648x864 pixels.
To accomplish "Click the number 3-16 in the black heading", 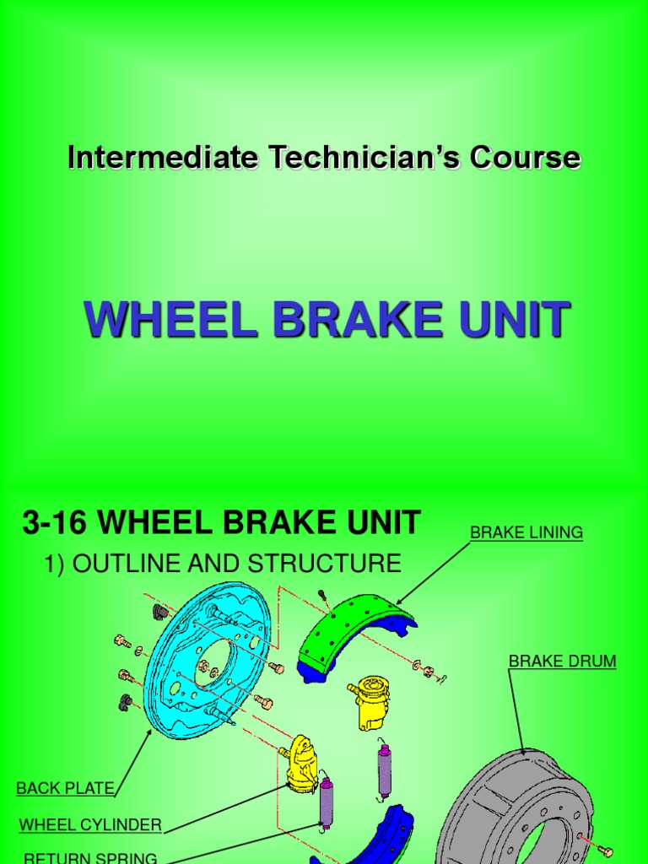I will click(x=54, y=523).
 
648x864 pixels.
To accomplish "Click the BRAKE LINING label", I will click(x=526, y=532).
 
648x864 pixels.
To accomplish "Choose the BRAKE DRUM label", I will click(x=562, y=661).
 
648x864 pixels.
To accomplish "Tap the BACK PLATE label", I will click(x=65, y=788).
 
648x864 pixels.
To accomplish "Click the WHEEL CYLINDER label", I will click(x=89, y=824).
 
